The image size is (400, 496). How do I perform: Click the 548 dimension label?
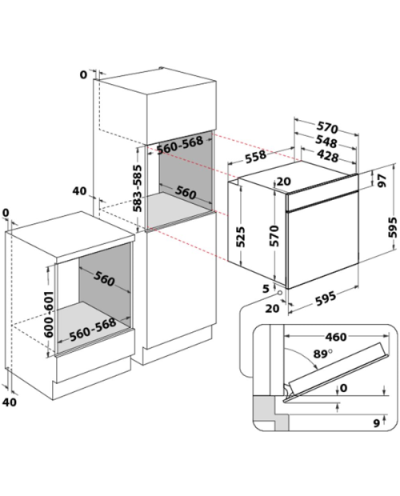(326, 142)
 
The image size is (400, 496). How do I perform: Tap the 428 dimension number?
(327, 157)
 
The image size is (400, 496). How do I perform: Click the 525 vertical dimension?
(240, 237)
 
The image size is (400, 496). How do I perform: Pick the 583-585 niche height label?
(138, 188)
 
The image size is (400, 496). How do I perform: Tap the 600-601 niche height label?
(49, 314)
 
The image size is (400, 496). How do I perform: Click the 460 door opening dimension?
(336, 337)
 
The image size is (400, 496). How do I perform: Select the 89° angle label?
(323, 354)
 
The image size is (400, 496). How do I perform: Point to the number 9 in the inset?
(376, 423)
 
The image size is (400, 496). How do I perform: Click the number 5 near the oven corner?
(266, 289)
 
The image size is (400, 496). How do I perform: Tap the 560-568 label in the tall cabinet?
(180, 145)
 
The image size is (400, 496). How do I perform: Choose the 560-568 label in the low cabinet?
(93, 330)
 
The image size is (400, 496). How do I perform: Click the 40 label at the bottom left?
(9, 402)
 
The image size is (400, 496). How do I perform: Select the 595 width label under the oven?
(326, 298)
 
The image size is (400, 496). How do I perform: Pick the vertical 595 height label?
(393, 227)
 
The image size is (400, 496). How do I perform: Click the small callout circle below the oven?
(280, 293)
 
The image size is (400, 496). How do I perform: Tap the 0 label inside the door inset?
(344, 387)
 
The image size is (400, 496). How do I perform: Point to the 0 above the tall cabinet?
(83, 74)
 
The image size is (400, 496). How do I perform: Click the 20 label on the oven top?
(284, 182)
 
